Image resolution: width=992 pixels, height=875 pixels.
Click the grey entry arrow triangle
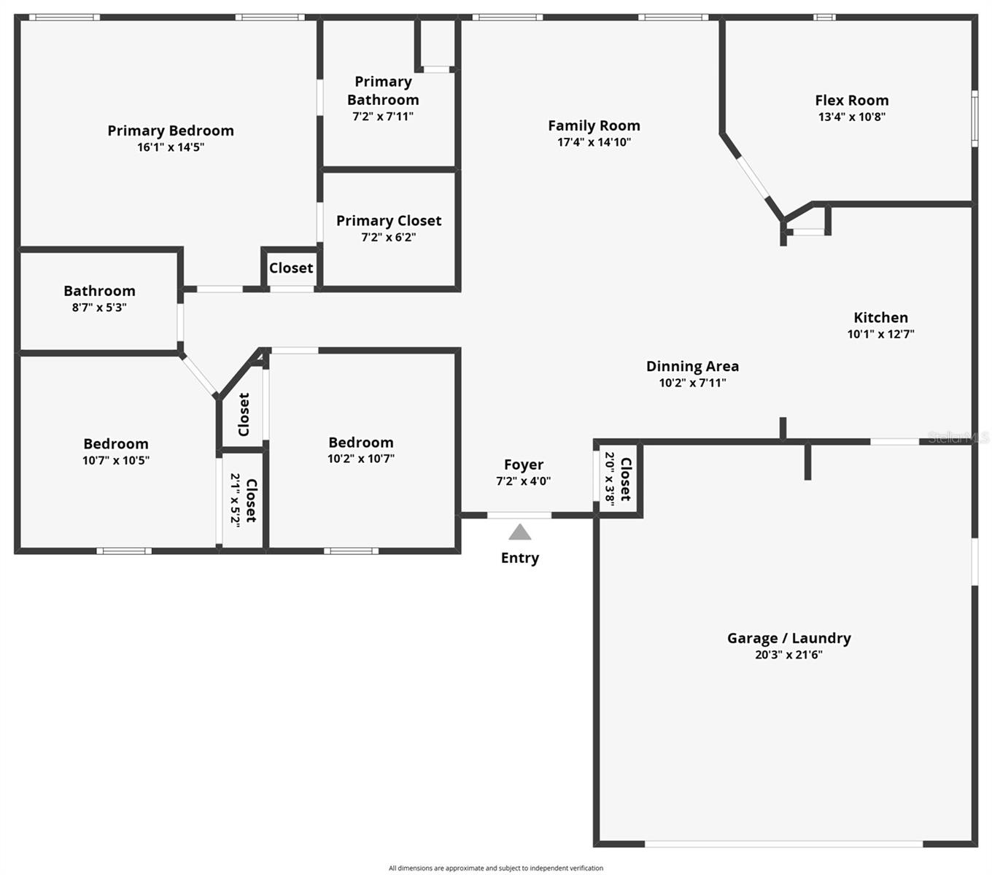pyautogui.click(x=519, y=532)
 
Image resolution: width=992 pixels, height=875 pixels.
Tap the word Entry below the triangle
pyautogui.click(x=519, y=559)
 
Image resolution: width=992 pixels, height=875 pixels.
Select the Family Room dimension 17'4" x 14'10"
pyautogui.click(x=594, y=142)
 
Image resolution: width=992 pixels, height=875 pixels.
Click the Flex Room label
pyautogui.click(x=851, y=101)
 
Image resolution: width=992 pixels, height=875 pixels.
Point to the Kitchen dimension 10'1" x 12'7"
pyautogui.click(x=880, y=334)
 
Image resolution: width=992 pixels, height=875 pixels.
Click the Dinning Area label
pyautogui.click(x=692, y=366)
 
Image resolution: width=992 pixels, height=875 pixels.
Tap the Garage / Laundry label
pyautogui.click(x=788, y=638)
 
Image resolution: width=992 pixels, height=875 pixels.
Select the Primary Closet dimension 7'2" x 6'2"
pyautogui.click(x=388, y=237)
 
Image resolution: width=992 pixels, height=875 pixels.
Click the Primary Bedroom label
pyautogui.click(x=171, y=131)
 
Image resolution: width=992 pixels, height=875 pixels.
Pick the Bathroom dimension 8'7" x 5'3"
pyautogui.click(x=99, y=308)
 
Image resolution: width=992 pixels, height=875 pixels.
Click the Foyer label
pyautogui.click(x=524, y=464)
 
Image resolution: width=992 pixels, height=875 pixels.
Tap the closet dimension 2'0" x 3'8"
pyautogui.click(x=610, y=478)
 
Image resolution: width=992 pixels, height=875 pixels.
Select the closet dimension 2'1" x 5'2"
pyautogui.click(x=235, y=500)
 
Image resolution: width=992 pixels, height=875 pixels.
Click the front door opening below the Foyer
pyautogui.click(x=519, y=515)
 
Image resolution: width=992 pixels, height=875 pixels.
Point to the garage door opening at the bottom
pyautogui.click(x=783, y=844)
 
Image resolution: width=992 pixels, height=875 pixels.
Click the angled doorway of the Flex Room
pyautogui.click(x=753, y=177)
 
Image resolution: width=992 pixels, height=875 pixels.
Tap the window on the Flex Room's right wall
pyautogui.click(x=974, y=119)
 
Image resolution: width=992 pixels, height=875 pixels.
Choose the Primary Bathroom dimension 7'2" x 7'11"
pyautogui.click(x=383, y=117)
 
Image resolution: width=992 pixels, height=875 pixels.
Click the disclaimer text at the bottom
pyautogui.click(x=495, y=868)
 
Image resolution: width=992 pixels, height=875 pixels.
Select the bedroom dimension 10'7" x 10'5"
pyautogui.click(x=116, y=460)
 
